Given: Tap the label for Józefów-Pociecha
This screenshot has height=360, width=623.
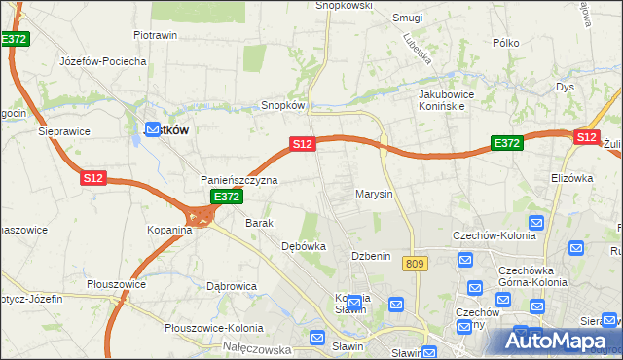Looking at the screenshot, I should [102, 61].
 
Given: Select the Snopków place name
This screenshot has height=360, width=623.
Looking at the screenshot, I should [283, 105].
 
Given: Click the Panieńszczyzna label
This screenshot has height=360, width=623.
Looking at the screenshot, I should [239, 180].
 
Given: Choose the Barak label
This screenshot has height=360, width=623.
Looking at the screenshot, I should [259, 223].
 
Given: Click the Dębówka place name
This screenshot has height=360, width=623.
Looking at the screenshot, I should [303, 247].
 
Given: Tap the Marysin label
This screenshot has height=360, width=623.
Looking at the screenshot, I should [374, 194].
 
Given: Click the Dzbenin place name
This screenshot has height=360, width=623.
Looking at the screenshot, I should [371, 256].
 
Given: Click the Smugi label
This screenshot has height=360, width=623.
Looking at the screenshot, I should [407, 18].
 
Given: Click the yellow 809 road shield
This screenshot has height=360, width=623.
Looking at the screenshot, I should [418, 264].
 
